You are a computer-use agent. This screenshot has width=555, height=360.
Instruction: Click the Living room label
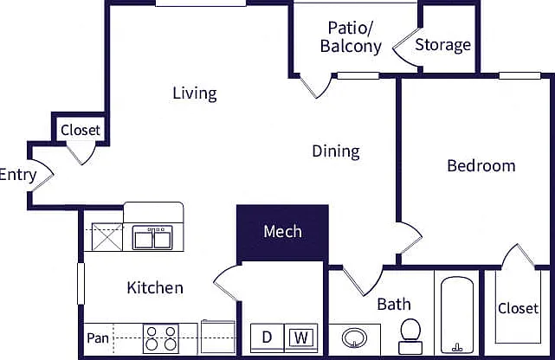(x=195, y=93)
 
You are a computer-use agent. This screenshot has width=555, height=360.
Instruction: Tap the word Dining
(x=336, y=151)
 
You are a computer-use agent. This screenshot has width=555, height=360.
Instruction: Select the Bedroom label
(x=481, y=166)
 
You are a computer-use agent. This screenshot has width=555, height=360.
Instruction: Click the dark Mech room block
(x=282, y=232)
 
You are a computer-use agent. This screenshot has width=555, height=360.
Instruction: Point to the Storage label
(x=442, y=45)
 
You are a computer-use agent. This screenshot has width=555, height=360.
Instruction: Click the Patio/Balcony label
(x=351, y=37)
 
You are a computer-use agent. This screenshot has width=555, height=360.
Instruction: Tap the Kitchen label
(x=155, y=288)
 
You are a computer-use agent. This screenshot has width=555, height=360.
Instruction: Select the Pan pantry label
(x=98, y=338)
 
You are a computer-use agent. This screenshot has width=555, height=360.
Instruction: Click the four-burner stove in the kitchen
(x=161, y=338)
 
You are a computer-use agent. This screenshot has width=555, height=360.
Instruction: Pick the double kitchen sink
(x=152, y=237)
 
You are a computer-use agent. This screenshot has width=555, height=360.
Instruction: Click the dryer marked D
(x=267, y=338)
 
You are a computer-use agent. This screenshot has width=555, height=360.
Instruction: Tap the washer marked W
(x=300, y=338)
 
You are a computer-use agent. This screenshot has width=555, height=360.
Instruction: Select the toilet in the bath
(x=410, y=337)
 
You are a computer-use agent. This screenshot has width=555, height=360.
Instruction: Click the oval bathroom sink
(x=354, y=338)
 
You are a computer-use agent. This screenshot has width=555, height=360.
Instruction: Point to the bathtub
(x=457, y=315)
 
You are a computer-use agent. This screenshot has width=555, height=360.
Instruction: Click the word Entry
(x=17, y=176)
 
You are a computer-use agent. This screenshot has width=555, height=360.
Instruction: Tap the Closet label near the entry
(x=81, y=130)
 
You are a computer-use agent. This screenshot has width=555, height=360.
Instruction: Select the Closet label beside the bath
(x=518, y=308)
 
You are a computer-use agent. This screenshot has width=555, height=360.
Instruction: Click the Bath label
(x=394, y=305)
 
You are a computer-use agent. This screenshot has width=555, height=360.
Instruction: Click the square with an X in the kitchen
(x=106, y=237)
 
